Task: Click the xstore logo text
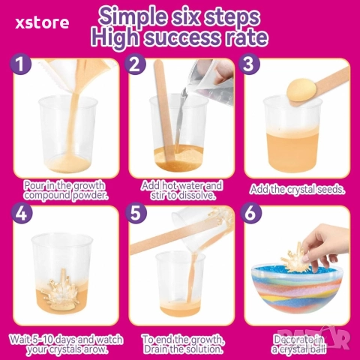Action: click(x=42, y=23)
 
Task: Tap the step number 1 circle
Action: click(x=21, y=64)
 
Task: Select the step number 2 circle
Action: click(x=135, y=64)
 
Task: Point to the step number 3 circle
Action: click(x=249, y=64)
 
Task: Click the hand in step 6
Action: click(x=327, y=244)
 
